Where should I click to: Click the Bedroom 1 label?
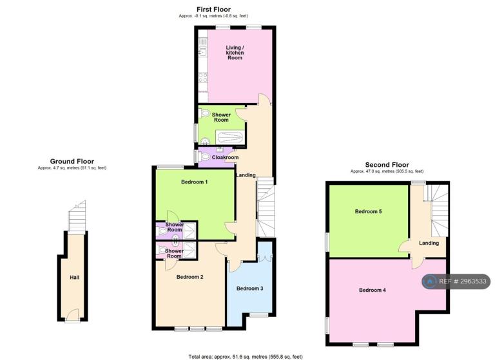click(x=194, y=182)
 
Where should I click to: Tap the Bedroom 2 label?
click(x=189, y=277)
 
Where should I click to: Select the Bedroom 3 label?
click(x=249, y=289)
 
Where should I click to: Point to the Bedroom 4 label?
click(x=372, y=290)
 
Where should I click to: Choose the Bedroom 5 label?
click(x=368, y=211)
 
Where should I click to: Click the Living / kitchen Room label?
click(x=235, y=53)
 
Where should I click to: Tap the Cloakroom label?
click(x=225, y=157)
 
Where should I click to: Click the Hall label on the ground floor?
click(x=75, y=278)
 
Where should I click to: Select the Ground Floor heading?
click(x=72, y=161)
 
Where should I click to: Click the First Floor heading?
click(x=213, y=10)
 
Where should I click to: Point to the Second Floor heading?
click(x=387, y=165)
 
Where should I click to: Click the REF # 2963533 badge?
click(x=456, y=281)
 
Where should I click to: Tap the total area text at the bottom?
click(x=246, y=357)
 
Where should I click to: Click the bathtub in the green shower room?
click(x=229, y=138)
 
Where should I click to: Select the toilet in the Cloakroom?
click(x=204, y=156)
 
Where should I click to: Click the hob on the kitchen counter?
click(x=203, y=77)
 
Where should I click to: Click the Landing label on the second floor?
click(x=429, y=243)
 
